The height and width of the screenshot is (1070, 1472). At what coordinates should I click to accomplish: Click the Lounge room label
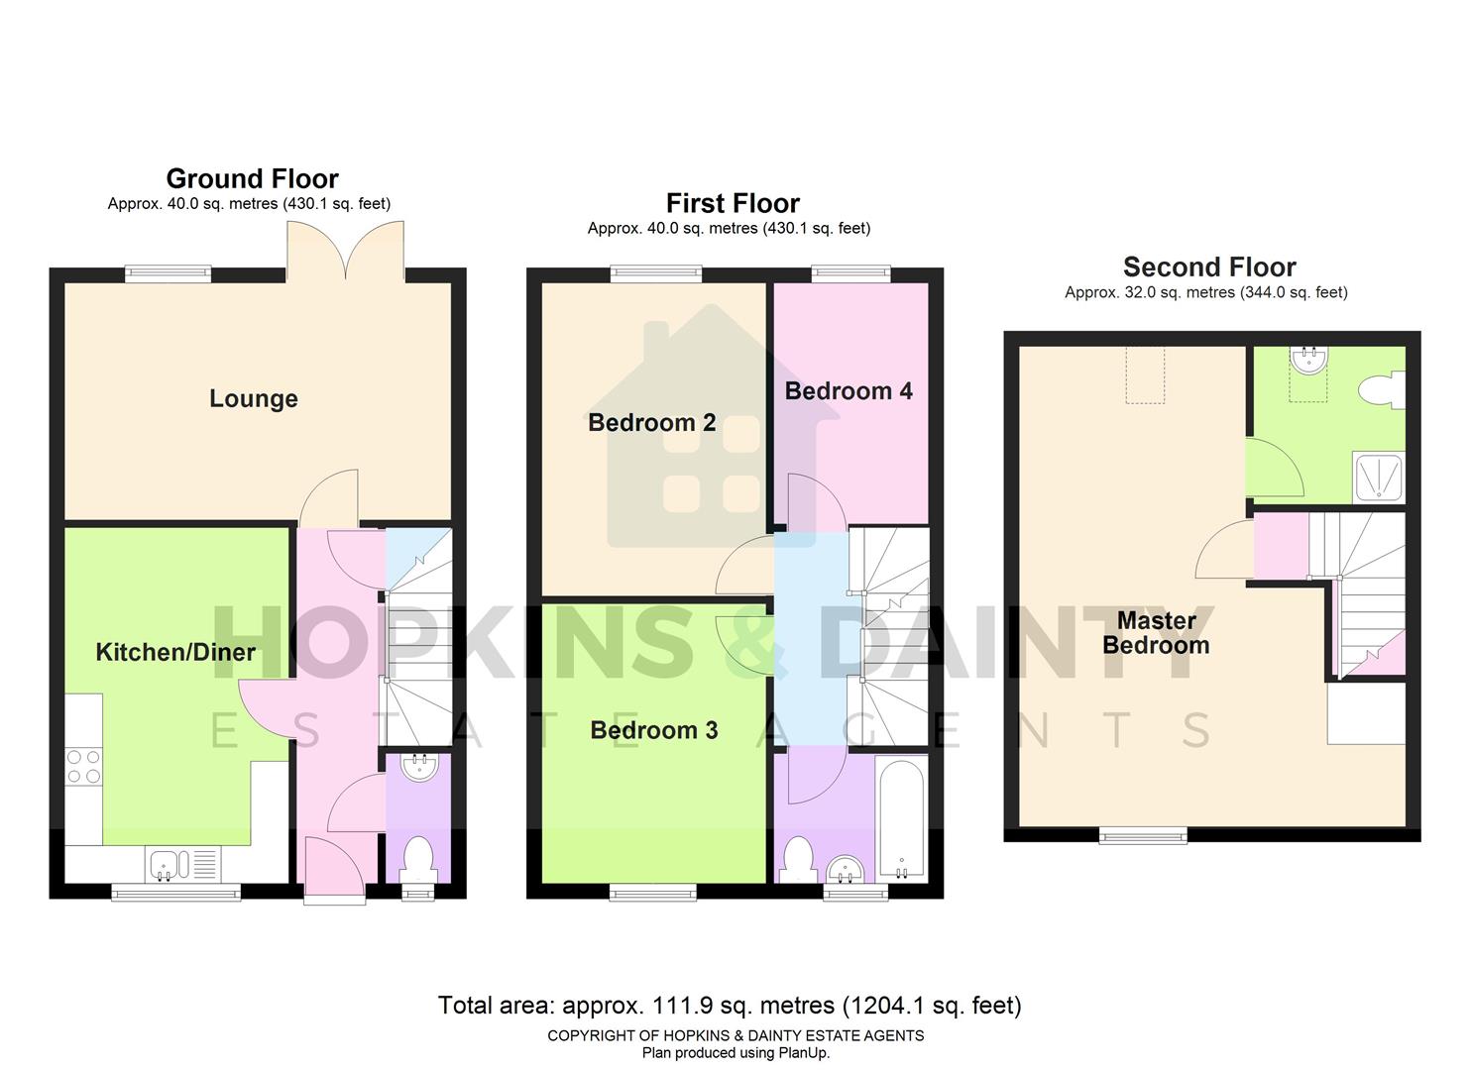[253, 398]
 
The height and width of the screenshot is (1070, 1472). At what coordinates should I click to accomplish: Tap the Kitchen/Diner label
[175, 652]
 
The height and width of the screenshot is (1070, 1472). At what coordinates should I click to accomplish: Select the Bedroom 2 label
[651, 423]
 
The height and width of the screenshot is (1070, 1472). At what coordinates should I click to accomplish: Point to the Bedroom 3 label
[653, 730]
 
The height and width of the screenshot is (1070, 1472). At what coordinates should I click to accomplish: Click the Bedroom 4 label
[849, 391]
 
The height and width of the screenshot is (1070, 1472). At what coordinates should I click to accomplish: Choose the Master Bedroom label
[1156, 633]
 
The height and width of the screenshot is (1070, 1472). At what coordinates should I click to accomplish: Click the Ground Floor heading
[252, 178]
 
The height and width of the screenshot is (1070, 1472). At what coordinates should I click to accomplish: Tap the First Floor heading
[733, 203]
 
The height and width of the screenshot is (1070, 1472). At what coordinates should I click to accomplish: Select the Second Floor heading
[1208, 267]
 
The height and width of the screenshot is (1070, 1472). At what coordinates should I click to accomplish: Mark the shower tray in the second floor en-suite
[1379, 477]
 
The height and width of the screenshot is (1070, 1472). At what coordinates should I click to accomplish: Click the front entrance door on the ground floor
[334, 870]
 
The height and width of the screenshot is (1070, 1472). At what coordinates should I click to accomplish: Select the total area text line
[730, 1006]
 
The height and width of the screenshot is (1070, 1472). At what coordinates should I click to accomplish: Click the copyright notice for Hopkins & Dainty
[736, 1035]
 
